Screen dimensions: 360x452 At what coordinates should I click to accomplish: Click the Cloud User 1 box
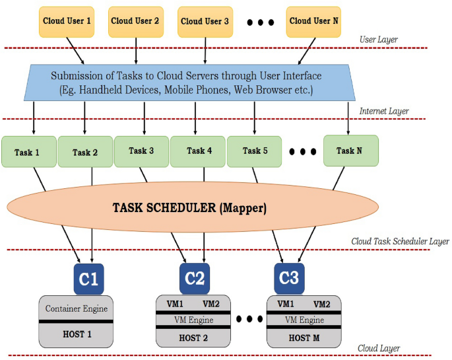coord(67,21)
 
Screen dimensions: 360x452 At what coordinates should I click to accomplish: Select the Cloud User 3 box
coord(205,21)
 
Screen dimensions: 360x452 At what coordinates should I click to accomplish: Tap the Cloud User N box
coord(314,21)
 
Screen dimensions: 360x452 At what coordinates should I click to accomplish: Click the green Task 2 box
coord(85,153)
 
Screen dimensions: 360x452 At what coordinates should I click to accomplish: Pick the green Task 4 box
coord(198,151)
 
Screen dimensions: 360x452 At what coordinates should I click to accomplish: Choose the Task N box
coord(350,151)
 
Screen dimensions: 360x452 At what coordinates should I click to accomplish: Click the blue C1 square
coord(89,279)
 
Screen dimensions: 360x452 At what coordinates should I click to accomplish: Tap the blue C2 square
coord(195,278)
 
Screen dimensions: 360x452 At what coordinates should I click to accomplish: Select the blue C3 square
coord(289,278)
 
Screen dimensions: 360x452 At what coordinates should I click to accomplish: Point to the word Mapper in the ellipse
coord(242,208)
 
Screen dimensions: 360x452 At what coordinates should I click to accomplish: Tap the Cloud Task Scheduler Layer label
coord(400,242)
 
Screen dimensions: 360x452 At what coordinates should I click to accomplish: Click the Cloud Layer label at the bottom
coord(378,348)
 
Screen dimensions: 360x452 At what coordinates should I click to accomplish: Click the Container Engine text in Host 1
coord(76,308)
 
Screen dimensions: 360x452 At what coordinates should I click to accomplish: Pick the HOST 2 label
coord(193,338)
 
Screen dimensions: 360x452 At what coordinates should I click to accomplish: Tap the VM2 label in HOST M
coord(321,305)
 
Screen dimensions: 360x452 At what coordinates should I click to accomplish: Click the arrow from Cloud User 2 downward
coord(136,52)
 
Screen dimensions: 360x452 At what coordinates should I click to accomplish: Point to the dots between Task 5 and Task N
coord(303,151)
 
